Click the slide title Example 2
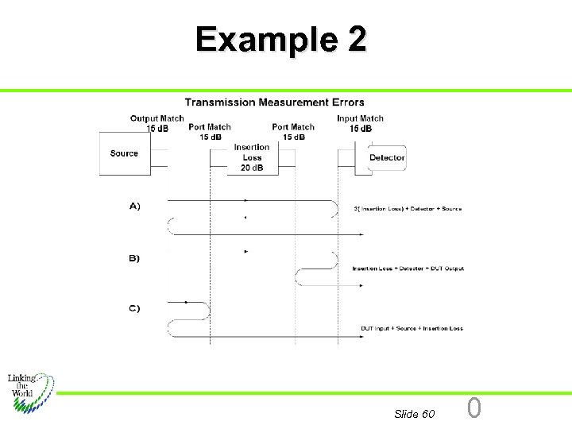281,38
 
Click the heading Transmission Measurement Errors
274,102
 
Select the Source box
125,153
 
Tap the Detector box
387,157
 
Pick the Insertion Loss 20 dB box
252,157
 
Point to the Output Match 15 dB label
157,123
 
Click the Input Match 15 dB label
361,123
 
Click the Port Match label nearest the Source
210,131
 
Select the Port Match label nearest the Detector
293,131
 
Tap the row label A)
134,206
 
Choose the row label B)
134,258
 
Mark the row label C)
134,308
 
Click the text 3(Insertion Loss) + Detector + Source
408,209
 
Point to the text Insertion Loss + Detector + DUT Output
408,269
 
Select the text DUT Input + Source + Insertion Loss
412,328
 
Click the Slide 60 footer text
414,414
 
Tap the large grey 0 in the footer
474,408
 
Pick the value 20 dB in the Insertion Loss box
252,168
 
